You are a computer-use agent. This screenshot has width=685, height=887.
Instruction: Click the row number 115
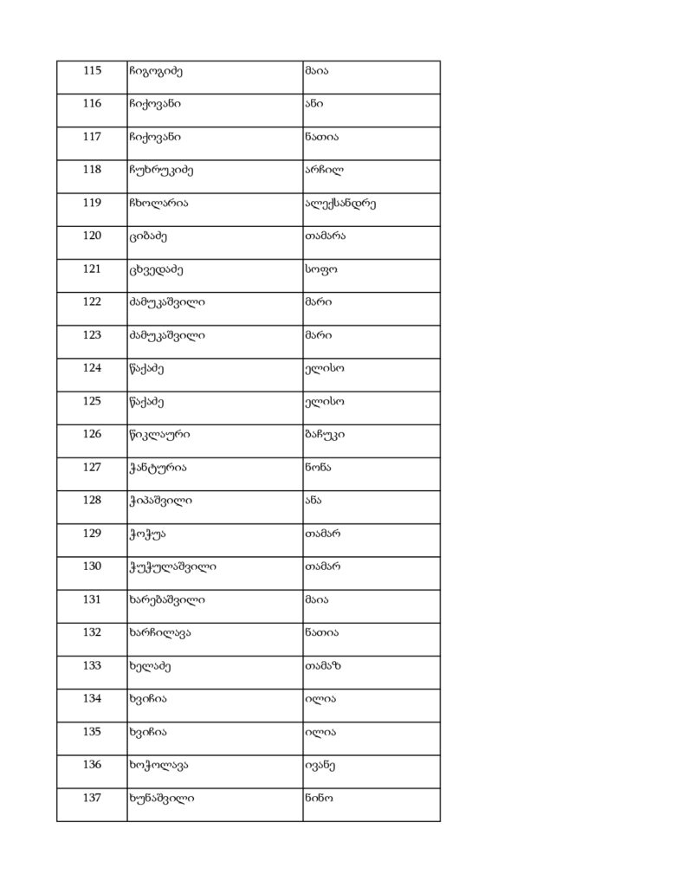click(x=92, y=70)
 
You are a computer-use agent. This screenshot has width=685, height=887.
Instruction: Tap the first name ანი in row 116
click(x=313, y=104)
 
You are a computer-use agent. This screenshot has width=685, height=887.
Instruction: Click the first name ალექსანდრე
click(x=339, y=204)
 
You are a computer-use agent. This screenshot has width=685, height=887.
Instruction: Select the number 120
click(x=92, y=236)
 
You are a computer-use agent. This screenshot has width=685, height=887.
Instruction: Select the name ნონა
click(x=318, y=468)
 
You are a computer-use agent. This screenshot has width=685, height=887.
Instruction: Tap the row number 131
click(x=92, y=599)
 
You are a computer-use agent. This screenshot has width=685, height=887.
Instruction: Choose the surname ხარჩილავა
click(x=158, y=633)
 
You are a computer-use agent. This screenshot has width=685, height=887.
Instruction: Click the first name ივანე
click(x=320, y=766)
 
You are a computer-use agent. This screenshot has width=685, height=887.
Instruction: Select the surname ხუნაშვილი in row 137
click(x=160, y=799)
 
